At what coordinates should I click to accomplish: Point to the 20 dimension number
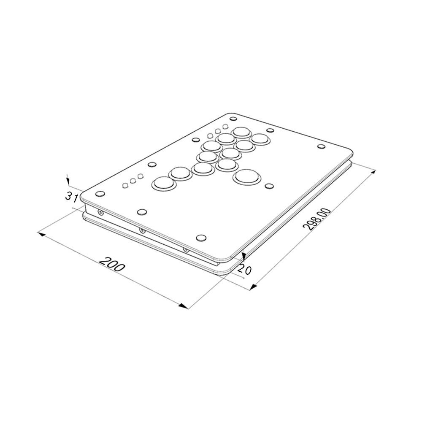(245, 270)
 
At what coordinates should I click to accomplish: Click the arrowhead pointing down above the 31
(68, 181)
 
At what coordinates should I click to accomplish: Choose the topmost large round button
(241, 132)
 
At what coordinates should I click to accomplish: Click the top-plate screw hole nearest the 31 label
(100, 194)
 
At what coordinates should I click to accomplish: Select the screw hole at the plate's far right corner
(322, 147)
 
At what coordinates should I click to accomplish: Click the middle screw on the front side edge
(142, 230)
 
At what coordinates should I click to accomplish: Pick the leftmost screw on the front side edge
(100, 212)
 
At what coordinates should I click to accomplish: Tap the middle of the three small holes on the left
(133, 181)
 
